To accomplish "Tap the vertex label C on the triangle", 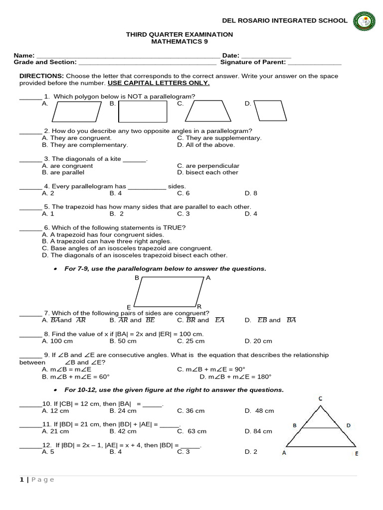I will point(320,398).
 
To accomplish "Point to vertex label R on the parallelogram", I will point(199,306).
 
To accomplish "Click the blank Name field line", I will point(127,56).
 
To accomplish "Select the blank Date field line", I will point(266,56).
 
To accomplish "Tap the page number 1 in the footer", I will point(21,480).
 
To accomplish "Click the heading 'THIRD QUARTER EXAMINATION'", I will point(179,34).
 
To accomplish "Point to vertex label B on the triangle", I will point(295,425).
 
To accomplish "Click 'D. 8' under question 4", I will point(251,193).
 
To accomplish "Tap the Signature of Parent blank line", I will point(315,63).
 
